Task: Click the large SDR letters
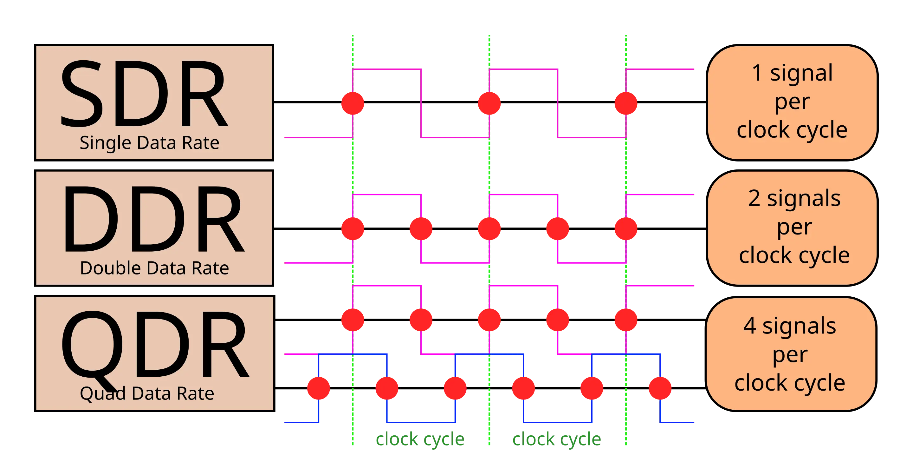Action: click(144, 94)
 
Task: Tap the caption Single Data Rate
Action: click(149, 143)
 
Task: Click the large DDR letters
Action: click(153, 219)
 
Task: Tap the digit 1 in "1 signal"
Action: click(757, 73)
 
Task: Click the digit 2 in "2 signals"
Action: click(754, 198)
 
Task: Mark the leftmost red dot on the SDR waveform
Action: click(353, 103)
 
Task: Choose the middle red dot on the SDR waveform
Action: click(489, 103)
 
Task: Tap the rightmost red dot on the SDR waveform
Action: click(626, 103)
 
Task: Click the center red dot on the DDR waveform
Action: click(489, 229)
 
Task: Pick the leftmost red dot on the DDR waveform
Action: click(353, 229)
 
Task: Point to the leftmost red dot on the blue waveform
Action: click(318, 388)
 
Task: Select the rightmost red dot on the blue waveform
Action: click(660, 388)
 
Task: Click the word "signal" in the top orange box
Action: click(801, 73)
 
